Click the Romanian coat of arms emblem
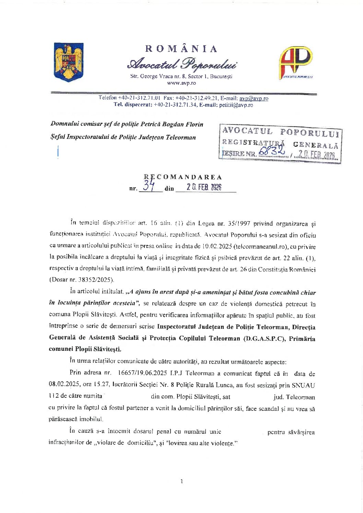click(69, 62)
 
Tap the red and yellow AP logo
click(296, 62)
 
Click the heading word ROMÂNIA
click(181, 49)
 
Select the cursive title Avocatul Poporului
click(181, 64)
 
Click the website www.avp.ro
click(181, 83)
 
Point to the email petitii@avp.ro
click(236, 105)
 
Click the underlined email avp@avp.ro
click(254, 98)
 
